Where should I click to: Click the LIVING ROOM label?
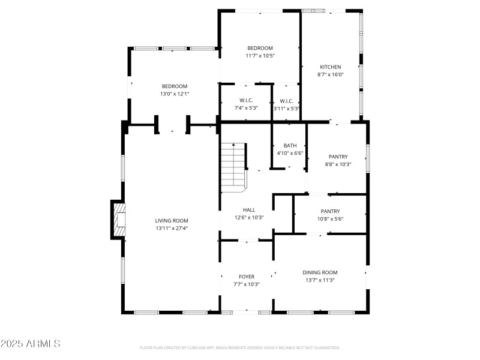pos(172,221)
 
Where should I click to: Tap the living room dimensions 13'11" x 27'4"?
pos(172,229)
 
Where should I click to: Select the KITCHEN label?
pos(330,67)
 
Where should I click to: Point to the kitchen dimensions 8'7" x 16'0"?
pos(330,75)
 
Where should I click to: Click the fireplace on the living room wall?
pos(119,220)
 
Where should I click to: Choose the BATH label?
pos(290,145)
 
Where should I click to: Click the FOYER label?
pos(247,277)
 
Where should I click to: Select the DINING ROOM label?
pos(320,272)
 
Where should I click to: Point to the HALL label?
pos(249,210)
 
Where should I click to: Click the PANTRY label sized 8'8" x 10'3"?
pos(338,157)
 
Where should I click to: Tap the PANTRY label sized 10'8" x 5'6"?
pos(330,211)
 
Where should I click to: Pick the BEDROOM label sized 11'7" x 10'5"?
pos(260,48)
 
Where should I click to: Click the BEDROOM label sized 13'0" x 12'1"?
pos(174,86)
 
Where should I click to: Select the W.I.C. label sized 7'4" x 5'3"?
pos(246,100)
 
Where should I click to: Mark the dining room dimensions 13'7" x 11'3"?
pos(320,280)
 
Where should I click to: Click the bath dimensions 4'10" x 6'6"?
pos(290,153)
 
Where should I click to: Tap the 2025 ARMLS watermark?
pos(31,344)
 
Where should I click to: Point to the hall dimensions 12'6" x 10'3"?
pos(249,218)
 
